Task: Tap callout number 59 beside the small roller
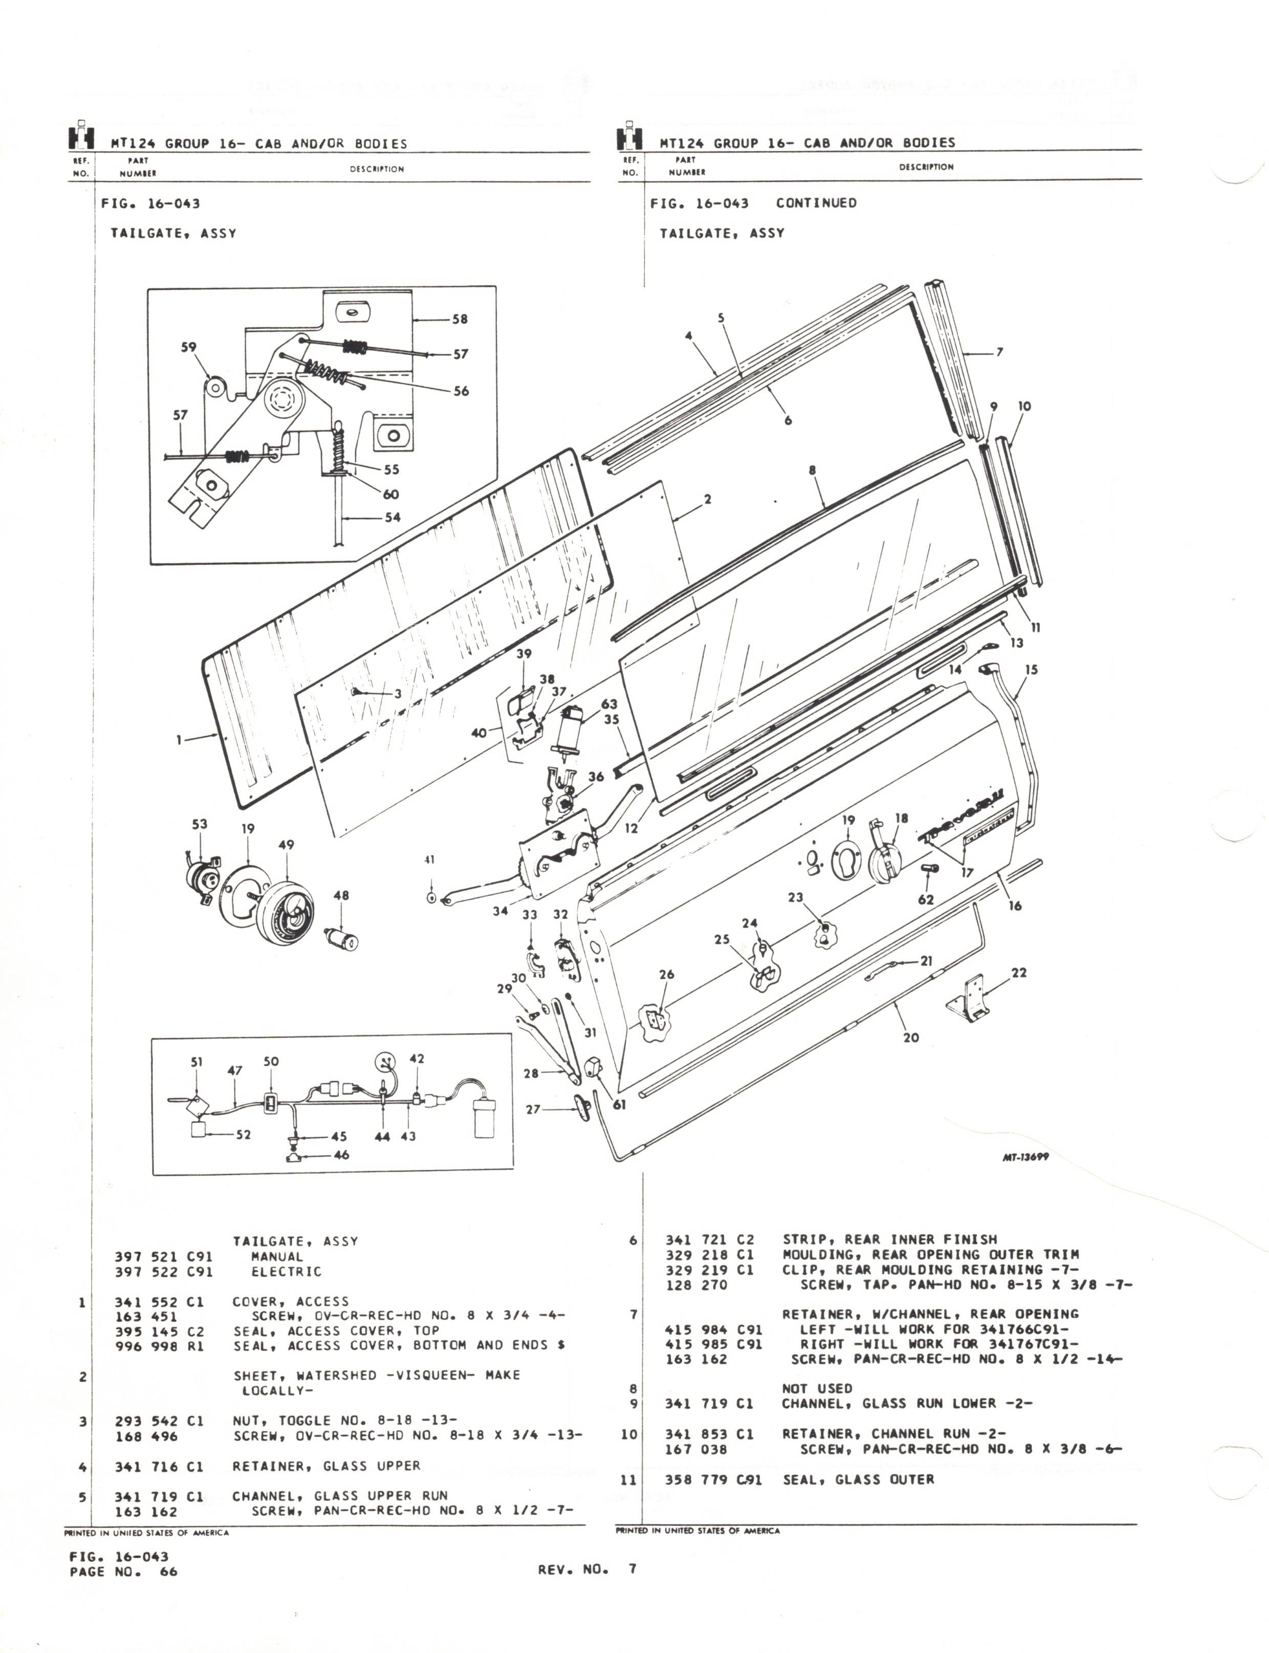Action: click(x=188, y=348)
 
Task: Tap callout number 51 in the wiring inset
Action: click(x=197, y=1061)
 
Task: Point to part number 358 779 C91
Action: click(x=713, y=1479)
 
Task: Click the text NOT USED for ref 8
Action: click(x=816, y=1388)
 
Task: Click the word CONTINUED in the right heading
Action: click(x=816, y=203)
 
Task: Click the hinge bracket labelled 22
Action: click(x=971, y=997)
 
